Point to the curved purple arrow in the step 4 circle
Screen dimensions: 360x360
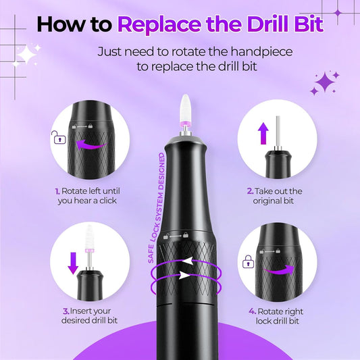[277, 269]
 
